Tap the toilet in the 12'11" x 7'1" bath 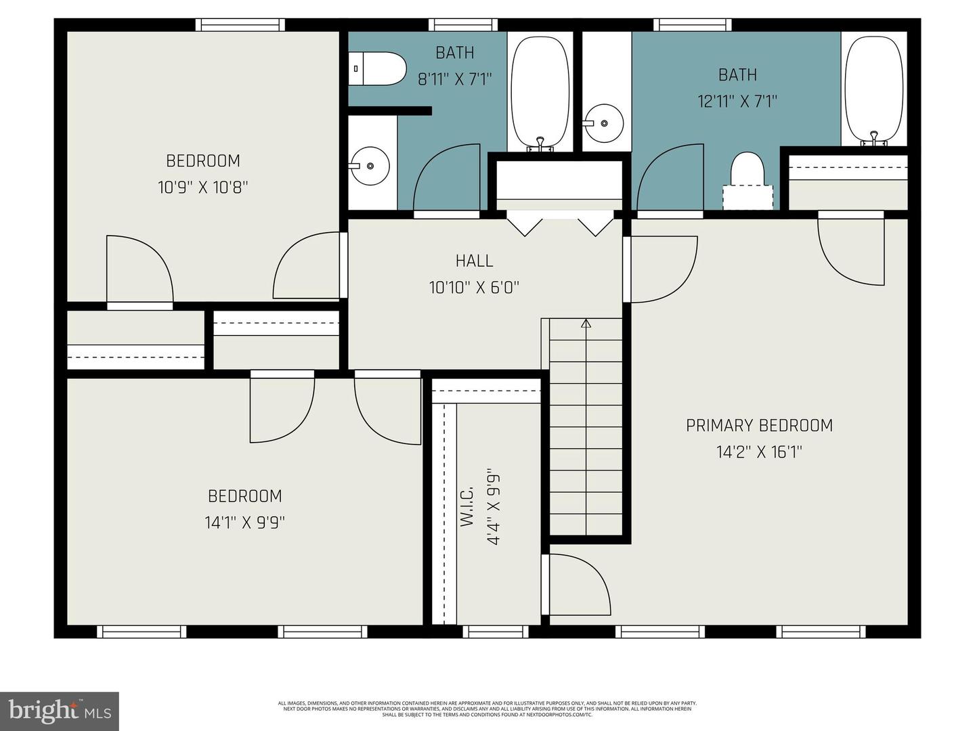pyautogui.click(x=747, y=170)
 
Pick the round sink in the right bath pyautogui.click(x=603, y=124)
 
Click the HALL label pyautogui.click(x=474, y=261)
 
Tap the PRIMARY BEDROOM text pyautogui.click(x=759, y=425)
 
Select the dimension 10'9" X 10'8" pyautogui.click(x=203, y=187)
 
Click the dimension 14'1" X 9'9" pyautogui.click(x=244, y=523)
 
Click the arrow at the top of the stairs pyautogui.click(x=586, y=324)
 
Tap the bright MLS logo pyautogui.click(x=60, y=711)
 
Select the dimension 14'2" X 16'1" pyautogui.click(x=759, y=452)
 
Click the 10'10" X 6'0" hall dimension pyautogui.click(x=474, y=288)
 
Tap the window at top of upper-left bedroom pyautogui.click(x=240, y=25)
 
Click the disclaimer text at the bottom pyautogui.click(x=487, y=709)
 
